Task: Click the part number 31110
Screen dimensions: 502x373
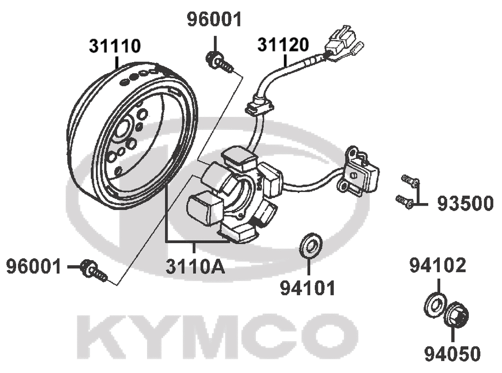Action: (114, 46)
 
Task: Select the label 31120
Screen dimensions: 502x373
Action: (283, 45)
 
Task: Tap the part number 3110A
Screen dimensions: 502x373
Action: (195, 267)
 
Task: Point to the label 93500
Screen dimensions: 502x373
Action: (465, 204)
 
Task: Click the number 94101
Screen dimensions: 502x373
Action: (308, 288)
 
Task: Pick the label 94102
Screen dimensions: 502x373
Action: (438, 265)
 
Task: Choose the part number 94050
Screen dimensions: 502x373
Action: (453, 354)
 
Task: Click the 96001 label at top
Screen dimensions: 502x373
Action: (214, 20)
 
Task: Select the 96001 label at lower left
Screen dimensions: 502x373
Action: (34, 267)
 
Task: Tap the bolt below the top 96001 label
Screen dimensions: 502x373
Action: (220, 63)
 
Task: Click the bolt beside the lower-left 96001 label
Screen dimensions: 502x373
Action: (93, 270)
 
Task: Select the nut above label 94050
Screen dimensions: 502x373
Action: (457, 315)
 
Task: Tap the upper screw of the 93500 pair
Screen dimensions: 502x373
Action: (410, 181)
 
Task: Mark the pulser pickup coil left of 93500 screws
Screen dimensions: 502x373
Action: (357, 171)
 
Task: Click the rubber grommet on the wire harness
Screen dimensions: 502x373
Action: (260, 106)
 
